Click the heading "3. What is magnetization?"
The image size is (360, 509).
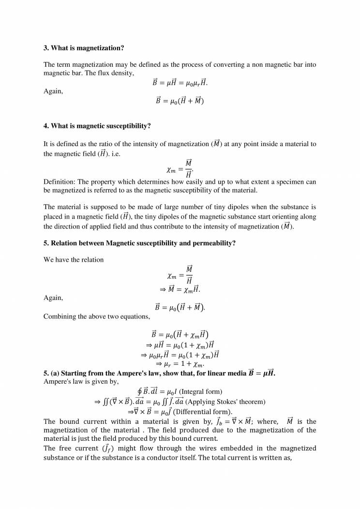pos(84,48)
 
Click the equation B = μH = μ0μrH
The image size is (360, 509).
pos(180,83)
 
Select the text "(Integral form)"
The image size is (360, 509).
pos(200,391)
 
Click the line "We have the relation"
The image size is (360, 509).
pos(74,260)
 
